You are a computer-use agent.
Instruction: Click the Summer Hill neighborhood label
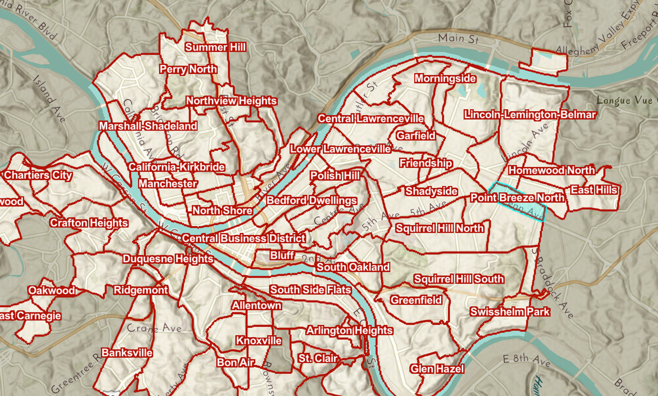(215, 47)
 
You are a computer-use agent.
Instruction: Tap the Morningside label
(445, 79)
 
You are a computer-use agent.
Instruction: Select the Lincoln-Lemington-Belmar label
(530, 115)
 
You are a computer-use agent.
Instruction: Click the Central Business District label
(243, 238)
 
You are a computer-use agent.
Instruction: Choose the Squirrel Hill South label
(459, 279)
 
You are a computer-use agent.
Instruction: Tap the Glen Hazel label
(437, 369)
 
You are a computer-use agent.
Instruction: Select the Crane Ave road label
(154, 328)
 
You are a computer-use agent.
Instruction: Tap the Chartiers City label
(38, 175)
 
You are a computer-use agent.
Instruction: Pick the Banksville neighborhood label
(127, 353)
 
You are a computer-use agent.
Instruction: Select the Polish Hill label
(334, 176)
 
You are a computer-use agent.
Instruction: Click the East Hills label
(594, 190)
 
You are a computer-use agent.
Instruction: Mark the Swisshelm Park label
(510, 312)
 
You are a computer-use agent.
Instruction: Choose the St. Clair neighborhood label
(318, 358)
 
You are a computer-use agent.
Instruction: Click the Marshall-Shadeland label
(148, 126)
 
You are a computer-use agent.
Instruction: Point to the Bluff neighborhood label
(282, 255)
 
